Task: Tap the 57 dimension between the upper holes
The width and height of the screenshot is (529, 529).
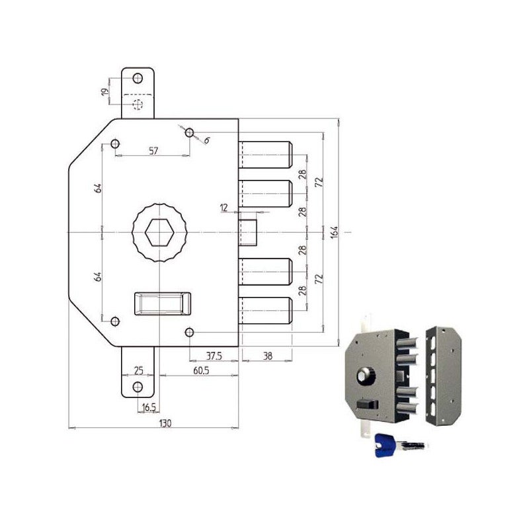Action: click(153, 151)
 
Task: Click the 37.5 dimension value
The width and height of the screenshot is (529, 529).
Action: click(214, 355)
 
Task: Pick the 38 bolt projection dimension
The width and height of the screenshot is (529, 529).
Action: click(266, 355)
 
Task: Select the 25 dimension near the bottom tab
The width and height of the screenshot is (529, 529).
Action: click(139, 370)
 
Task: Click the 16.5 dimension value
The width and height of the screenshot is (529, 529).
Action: click(149, 409)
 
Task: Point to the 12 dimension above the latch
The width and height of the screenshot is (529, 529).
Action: click(224, 208)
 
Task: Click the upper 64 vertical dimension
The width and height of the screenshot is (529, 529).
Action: click(99, 188)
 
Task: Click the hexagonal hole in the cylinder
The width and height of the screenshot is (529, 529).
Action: click(159, 232)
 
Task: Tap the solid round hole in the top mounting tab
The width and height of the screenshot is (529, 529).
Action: click(138, 79)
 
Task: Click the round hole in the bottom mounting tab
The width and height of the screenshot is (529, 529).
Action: click(138, 387)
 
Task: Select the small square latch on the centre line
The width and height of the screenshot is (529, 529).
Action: click(249, 232)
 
